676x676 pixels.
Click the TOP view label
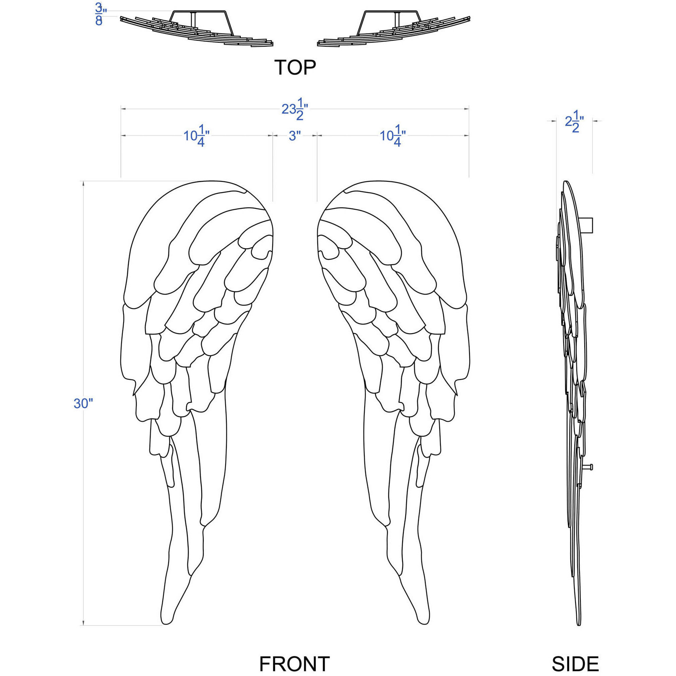295,67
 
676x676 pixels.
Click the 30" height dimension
83,403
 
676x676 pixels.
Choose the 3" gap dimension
295,136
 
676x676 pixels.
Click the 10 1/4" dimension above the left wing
197,136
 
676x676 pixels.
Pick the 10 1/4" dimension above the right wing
393,136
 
